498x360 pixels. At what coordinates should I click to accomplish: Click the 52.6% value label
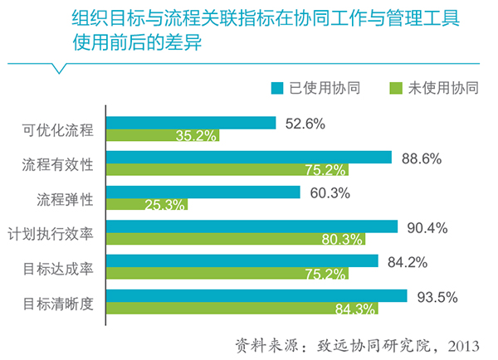[x=304, y=124]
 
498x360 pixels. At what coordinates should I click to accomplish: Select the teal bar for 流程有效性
[x=249, y=158]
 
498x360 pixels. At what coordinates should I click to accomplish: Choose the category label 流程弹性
[x=66, y=199]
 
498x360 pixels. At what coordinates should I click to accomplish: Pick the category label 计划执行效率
[x=52, y=234]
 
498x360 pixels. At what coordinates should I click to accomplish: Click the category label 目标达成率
[x=60, y=269]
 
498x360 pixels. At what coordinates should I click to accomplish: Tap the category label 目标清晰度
[x=60, y=303]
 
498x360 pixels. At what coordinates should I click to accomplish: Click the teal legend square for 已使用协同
[x=278, y=85]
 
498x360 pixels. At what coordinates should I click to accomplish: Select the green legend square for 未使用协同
[x=396, y=85]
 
